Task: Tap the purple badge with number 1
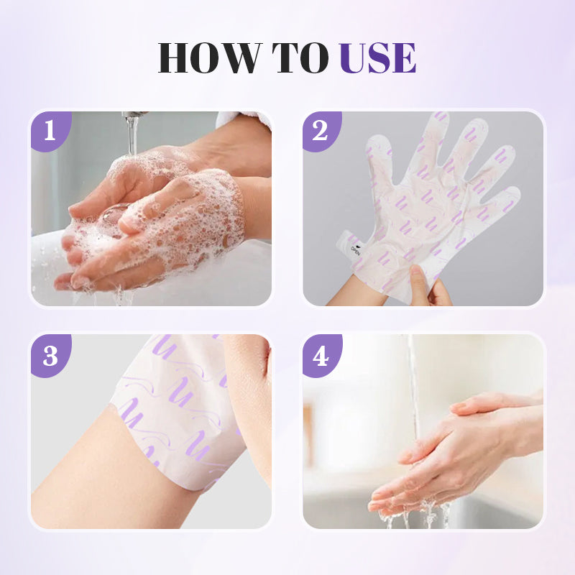(49, 131)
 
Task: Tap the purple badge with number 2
(320, 131)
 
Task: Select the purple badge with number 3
(49, 355)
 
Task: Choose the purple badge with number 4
(320, 355)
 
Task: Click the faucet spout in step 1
(133, 115)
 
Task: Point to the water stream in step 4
(413, 388)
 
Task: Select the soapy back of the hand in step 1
(194, 208)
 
